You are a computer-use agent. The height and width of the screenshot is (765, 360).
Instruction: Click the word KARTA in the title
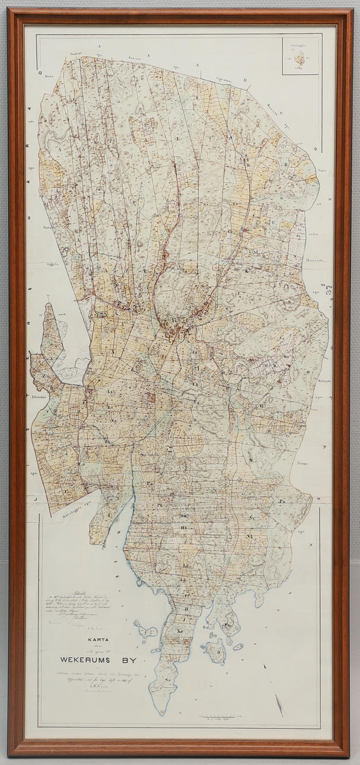tap(95, 640)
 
